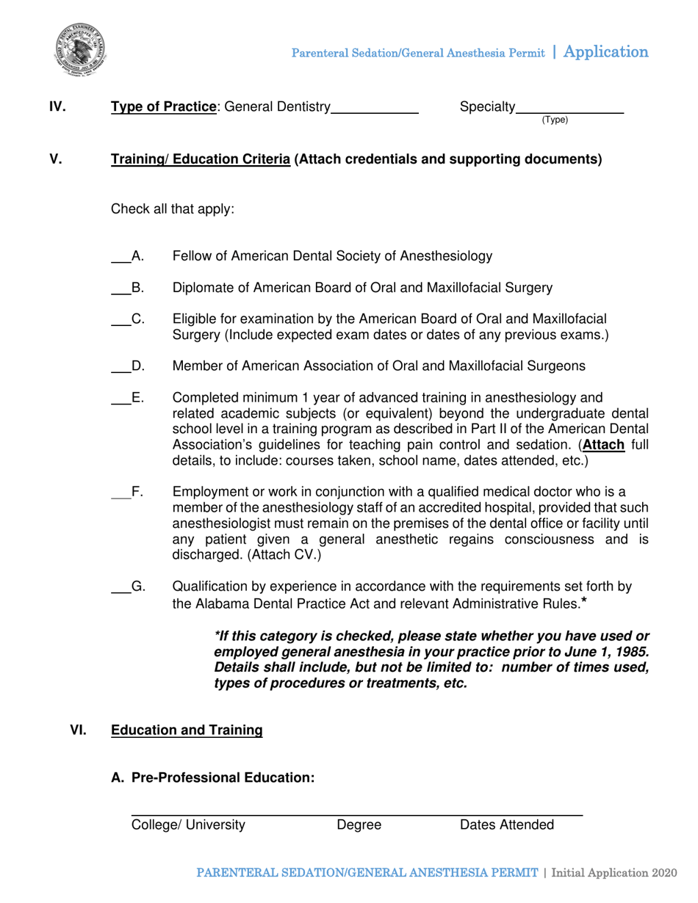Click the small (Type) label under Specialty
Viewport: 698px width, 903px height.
coord(555,120)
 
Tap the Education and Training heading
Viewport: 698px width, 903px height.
coord(186,730)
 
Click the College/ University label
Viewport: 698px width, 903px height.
coord(188,825)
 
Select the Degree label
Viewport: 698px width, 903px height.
coord(359,825)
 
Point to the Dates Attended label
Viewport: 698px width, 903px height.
coord(507,825)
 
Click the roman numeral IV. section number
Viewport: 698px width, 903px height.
coord(57,108)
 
